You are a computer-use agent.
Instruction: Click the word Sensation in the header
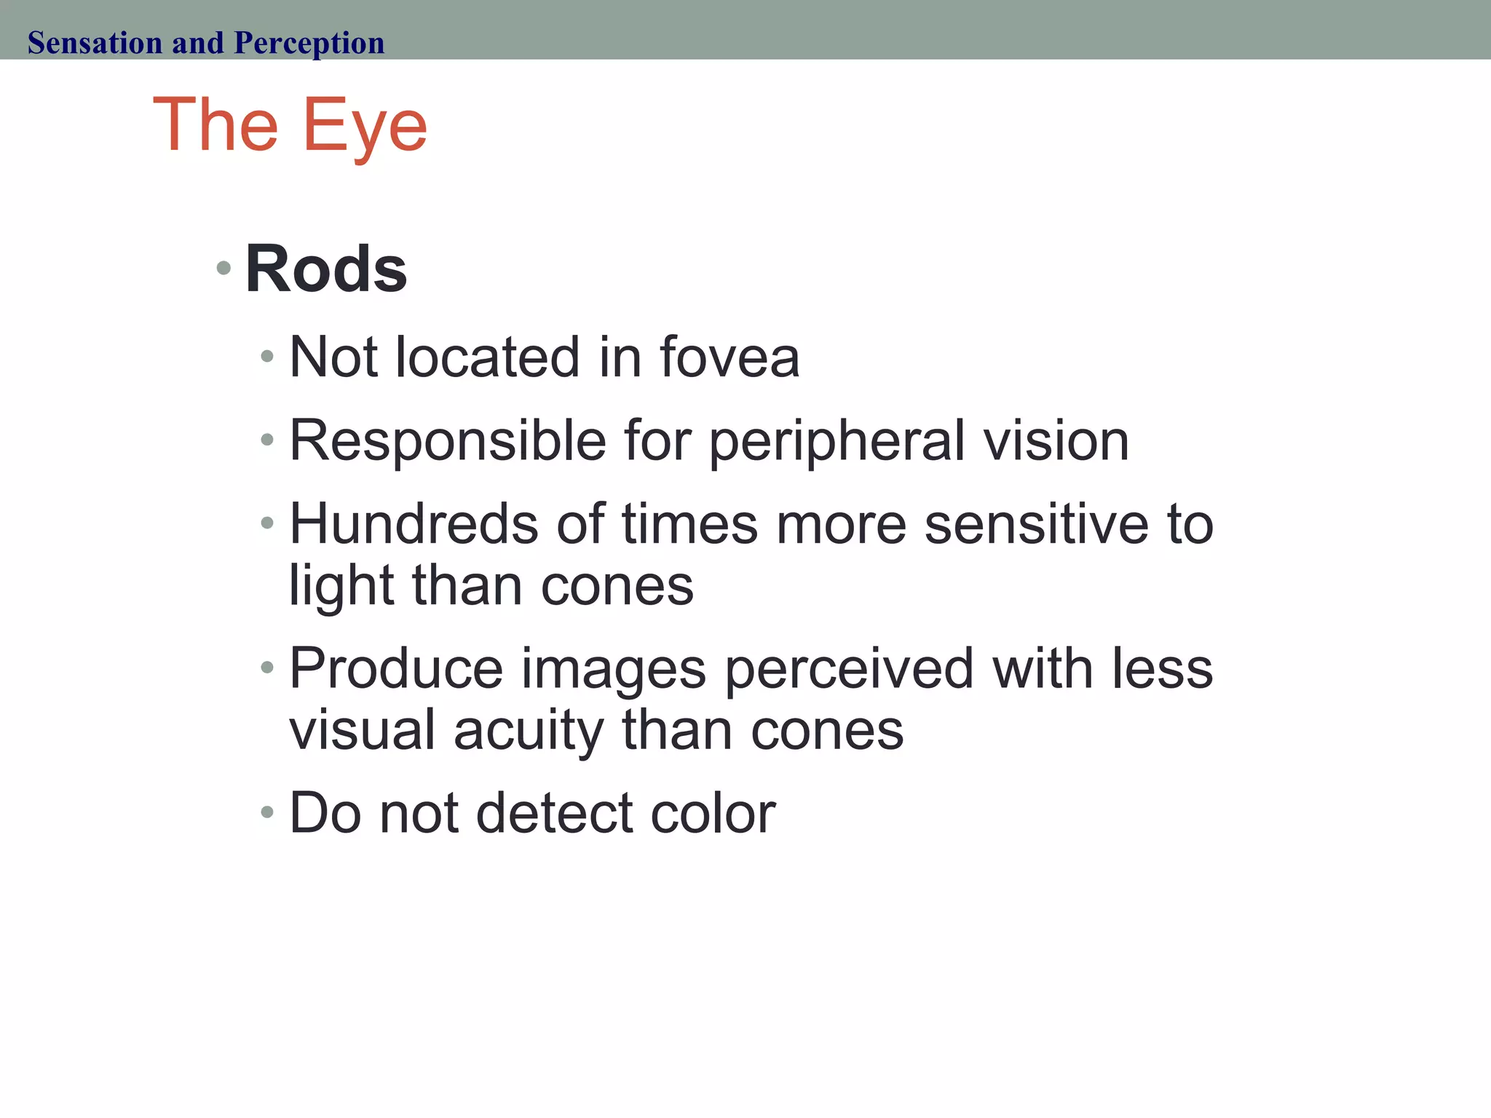point(95,43)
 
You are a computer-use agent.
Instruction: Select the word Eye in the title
point(364,127)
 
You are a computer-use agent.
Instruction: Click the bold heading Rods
point(325,269)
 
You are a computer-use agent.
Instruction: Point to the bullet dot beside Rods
point(224,269)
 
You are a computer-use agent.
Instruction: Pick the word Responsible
point(448,441)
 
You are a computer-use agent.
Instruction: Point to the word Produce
point(396,668)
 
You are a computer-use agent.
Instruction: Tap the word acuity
point(529,731)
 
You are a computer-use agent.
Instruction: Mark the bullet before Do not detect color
point(267,812)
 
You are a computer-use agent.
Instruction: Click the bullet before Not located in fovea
point(267,357)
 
